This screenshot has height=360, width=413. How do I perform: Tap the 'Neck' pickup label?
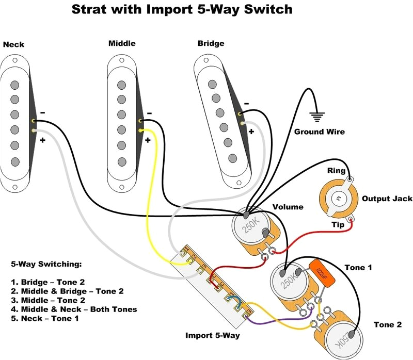point(13,45)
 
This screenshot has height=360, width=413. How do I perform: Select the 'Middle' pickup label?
point(122,43)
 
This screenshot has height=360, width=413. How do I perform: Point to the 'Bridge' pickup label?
point(211,43)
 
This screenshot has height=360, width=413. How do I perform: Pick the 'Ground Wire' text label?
point(319,132)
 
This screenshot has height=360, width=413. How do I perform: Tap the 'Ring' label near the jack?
point(337,171)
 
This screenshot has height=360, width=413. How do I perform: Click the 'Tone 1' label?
point(358,267)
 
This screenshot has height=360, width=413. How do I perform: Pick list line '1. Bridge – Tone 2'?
point(56,282)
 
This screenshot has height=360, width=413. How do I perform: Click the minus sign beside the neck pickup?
point(42,112)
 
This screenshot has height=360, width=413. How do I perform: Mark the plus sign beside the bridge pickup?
point(251,132)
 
